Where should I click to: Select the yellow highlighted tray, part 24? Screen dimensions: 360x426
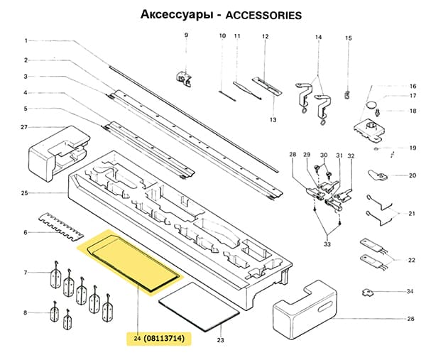(x=131, y=263)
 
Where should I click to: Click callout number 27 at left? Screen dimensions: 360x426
(x=24, y=128)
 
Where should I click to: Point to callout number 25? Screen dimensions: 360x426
(x=24, y=193)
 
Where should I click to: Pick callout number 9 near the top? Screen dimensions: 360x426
(x=186, y=36)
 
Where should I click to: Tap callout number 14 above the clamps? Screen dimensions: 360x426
(x=318, y=36)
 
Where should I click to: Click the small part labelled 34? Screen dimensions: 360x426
(x=370, y=291)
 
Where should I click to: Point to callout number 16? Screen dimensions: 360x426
(x=412, y=86)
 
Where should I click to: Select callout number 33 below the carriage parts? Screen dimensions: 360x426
(x=327, y=244)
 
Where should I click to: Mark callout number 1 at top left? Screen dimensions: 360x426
(x=25, y=40)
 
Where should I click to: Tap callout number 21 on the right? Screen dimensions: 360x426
(x=412, y=213)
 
